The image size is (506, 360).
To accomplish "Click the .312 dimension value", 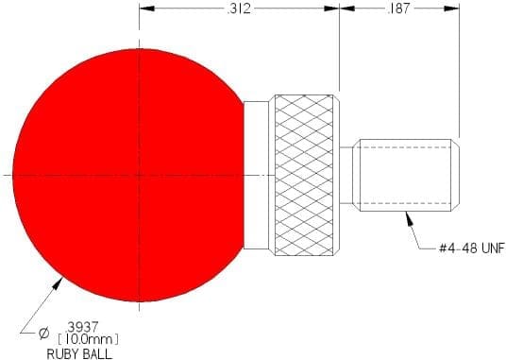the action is click(239, 9).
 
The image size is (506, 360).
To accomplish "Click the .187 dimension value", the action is click(398, 9).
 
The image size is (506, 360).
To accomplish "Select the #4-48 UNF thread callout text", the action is click(472, 248).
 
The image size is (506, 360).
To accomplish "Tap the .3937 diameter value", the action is click(81, 327).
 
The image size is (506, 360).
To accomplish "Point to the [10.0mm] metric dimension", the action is click(88, 339).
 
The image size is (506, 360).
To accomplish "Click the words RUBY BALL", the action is click(79, 354).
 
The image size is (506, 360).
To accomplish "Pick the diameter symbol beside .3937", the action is click(43, 334).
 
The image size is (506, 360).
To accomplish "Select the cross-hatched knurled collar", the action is click(304, 176).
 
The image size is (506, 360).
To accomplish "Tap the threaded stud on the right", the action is click(406, 176).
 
